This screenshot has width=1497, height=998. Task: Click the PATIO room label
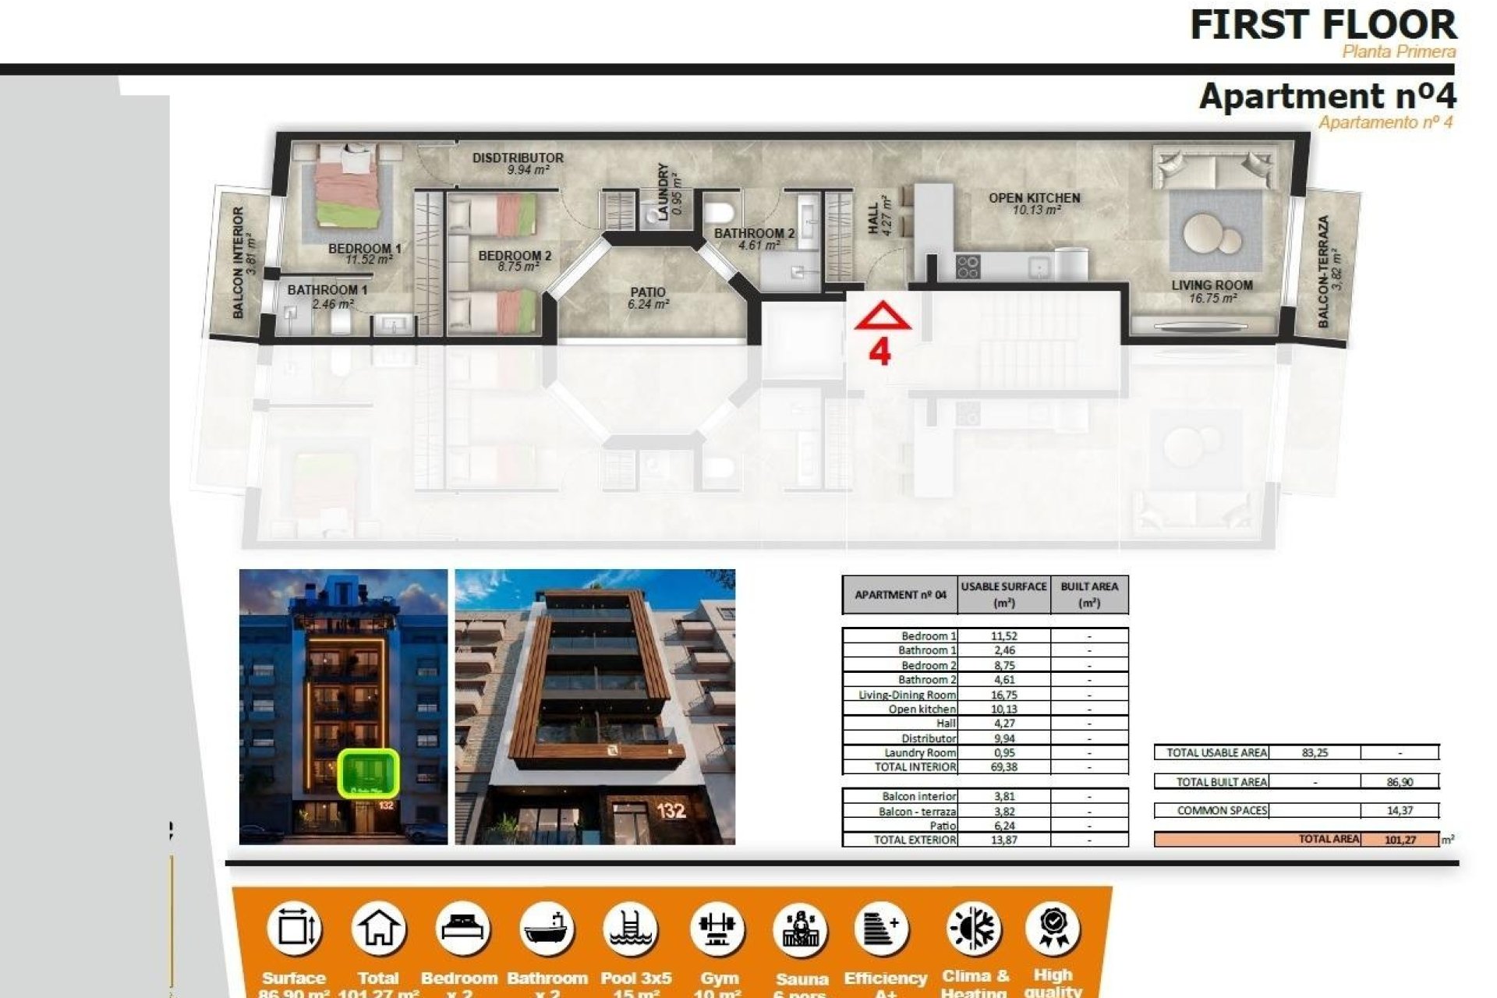pyautogui.click(x=648, y=293)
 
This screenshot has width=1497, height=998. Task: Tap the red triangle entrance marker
pyautogui.click(x=882, y=317)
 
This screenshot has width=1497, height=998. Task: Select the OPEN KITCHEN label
pyautogui.click(x=1034, y=198)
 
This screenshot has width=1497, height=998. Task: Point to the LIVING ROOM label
pyautogui.click(x=1212, y=285)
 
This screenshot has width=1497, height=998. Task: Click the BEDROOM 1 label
pyautogui.click(x=364, y=249)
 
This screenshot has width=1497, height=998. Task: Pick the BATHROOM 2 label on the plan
pyautogui.click(x=754, y=233)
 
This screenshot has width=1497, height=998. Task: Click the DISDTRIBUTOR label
pyautogui.click(x=518, y=157)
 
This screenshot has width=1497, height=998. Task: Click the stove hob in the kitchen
pyautogui.click(x=968, y=267)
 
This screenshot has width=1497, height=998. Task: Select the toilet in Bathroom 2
pyautogui.click(x=719, y=211)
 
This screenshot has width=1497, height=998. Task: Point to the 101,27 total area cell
pyautogui.click(x=1400, y=840)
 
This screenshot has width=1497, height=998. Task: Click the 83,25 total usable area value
pyautogui.click(x=1315, y=752)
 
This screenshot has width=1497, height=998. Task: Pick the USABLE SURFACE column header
pyautogui.click(x=1003, y=594)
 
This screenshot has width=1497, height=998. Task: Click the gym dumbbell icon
pyautogui.click(x=717, y=929)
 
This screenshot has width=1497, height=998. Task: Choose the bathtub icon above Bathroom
pyautogui.click(x=547, y=929)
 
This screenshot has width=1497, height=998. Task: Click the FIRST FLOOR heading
pyautogui.click(x=1322, y=25)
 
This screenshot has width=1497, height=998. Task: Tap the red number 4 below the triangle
pyautogui.click(x=879, y=352)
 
